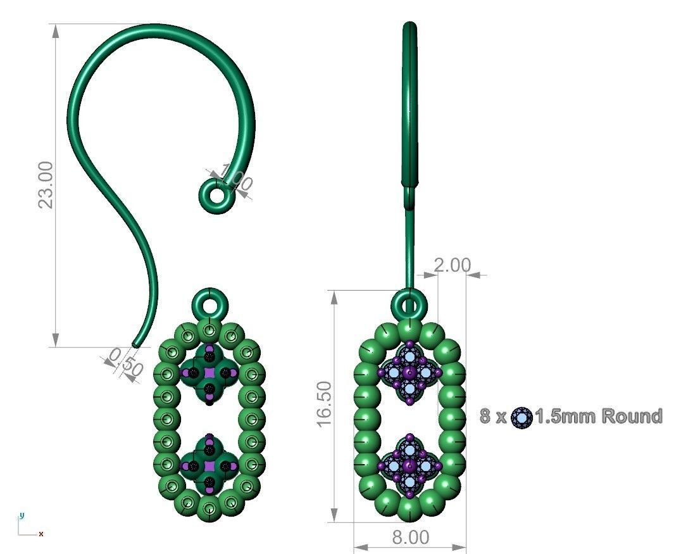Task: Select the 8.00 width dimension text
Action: click(x=410, y=538)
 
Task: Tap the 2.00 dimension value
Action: click(x=452, y=265)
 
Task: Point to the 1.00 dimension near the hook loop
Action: click(x=236, y=179)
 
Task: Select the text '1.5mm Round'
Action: click(x=598, y=417)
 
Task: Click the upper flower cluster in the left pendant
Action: click(x=209, y=374)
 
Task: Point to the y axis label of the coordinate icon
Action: click(x=21, y=515)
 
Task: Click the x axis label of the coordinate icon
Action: click(x=41, y=534)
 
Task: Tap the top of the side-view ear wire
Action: click(x=409, y=27)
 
